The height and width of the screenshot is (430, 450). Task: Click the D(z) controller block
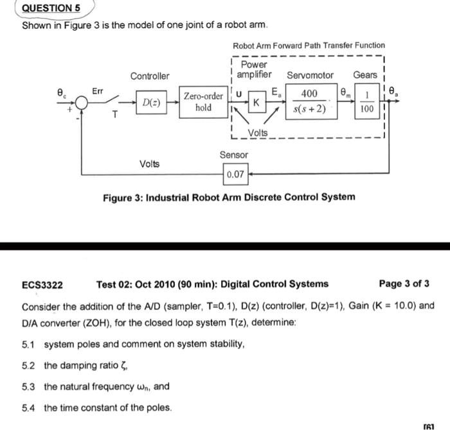click(152, 102)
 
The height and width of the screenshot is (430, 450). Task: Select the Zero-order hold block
click(203, 102)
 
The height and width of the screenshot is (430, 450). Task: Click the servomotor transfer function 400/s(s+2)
click(310, 102)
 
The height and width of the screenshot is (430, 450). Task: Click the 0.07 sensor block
click(236, 174)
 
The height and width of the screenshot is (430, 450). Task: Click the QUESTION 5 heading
click(51, 9)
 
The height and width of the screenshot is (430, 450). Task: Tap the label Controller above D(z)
click(150, 76)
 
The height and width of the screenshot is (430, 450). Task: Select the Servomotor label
click(310, 76)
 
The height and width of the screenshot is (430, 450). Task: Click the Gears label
click(365, 76)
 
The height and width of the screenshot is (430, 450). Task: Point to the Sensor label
click(233, 155)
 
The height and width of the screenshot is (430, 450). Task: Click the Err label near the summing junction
click(97, 90)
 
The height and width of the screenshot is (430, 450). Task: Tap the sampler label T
click(114, 116)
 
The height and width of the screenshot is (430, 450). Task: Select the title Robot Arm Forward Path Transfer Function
click(309, 46)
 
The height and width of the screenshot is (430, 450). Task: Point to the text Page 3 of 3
click(404, 284)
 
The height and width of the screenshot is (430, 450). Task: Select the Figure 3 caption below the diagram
click(228, 197)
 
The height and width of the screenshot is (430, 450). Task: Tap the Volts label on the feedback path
click(150, 164)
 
